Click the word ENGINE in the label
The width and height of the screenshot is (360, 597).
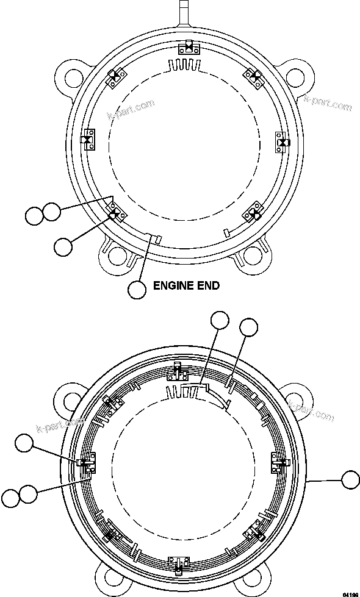(x=171, y=285)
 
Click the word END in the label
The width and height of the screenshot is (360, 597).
(x=207, y=285)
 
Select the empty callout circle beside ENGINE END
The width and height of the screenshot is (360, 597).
(x=138, y=290)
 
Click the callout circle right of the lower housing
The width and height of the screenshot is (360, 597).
(x=350, y=480)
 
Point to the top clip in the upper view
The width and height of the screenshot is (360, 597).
(x=189, y=48)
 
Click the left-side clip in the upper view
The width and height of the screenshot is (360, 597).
(x=88, y=140)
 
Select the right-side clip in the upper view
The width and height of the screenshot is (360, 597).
(x=282, y=141)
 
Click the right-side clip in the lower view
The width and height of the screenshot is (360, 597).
(x=278, y=464)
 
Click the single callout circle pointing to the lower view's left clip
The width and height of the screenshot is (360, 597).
(x=24, y=444)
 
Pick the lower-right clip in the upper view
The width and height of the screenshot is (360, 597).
(x=253, y=214)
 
